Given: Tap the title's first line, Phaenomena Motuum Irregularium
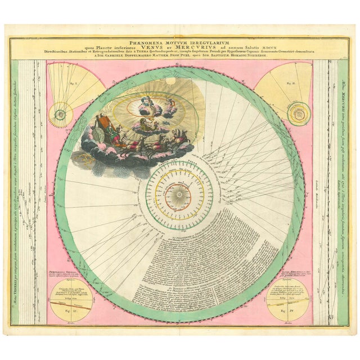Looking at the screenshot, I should (180, 41).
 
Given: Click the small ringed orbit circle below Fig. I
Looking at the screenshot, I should (60, 114).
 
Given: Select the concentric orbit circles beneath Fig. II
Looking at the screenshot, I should (298, 114).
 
